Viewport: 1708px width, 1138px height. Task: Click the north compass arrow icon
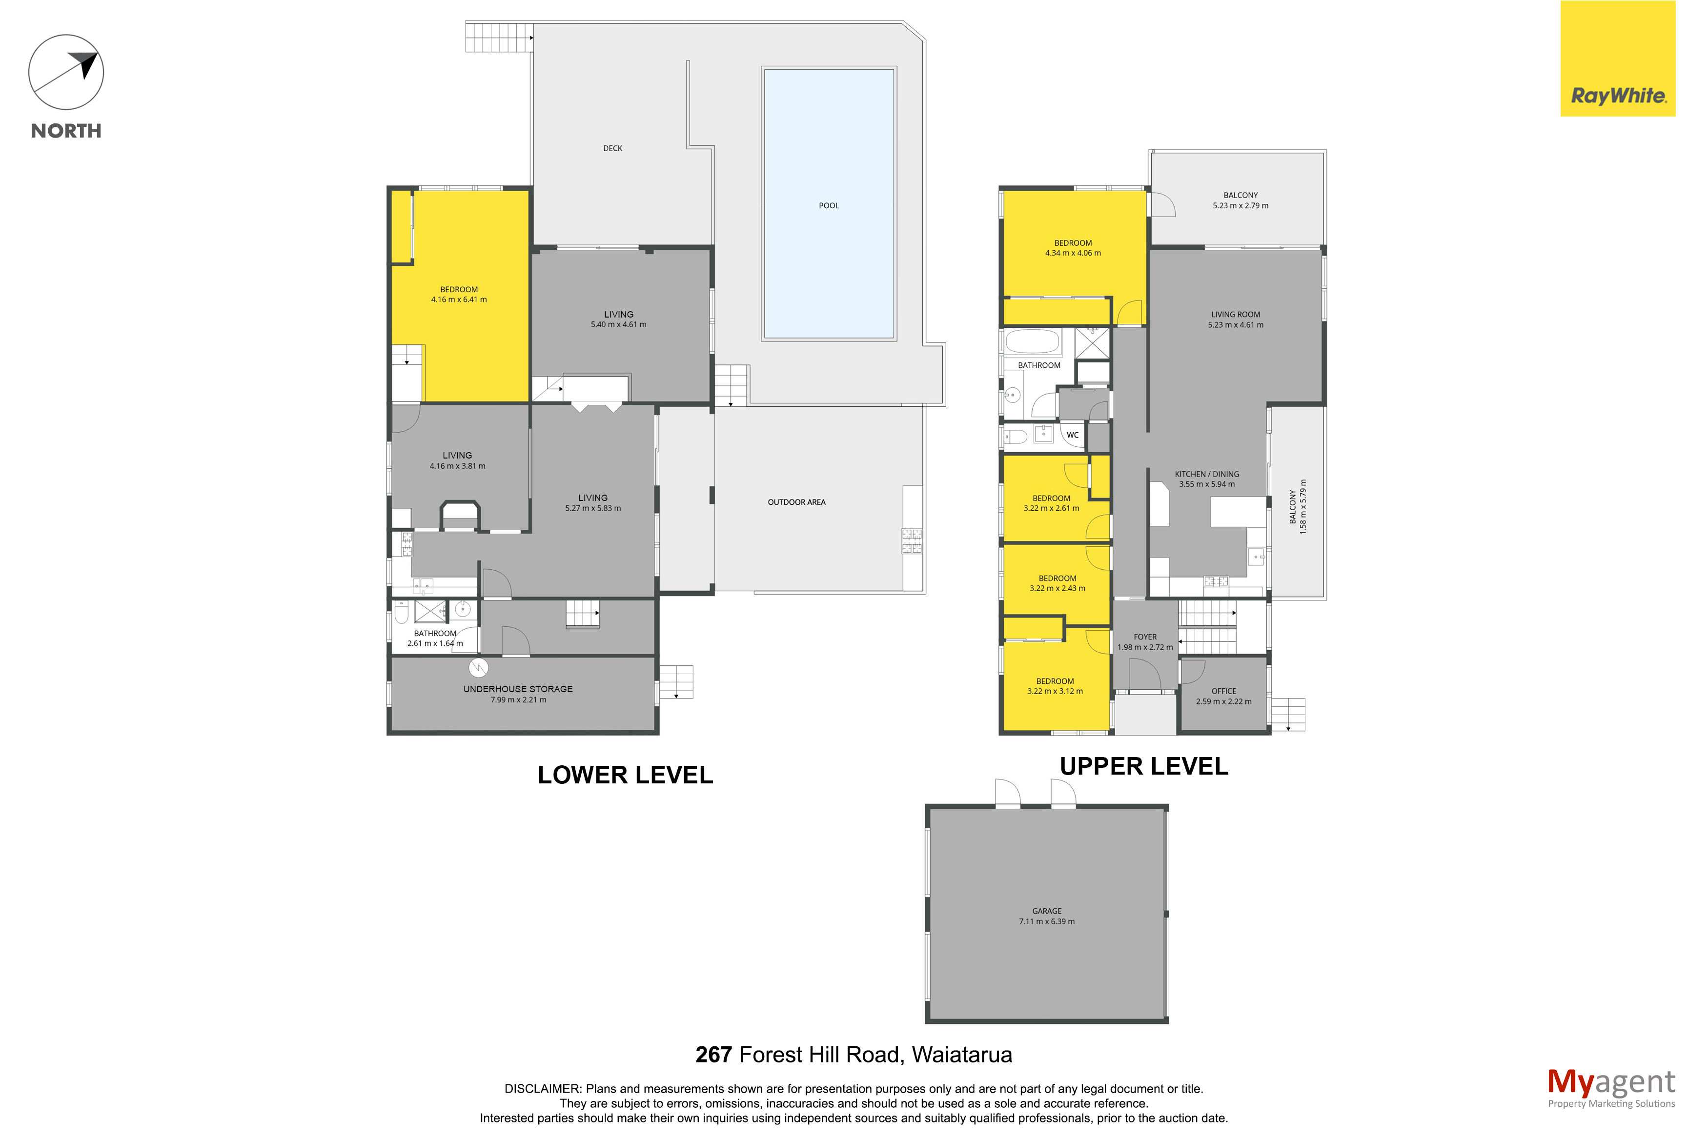[x=66, y=73]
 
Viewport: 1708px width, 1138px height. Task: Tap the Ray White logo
[x=1618, y=58]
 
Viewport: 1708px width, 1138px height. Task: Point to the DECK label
[x=612, y=149]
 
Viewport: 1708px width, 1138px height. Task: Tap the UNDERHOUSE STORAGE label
[x=518, y=689]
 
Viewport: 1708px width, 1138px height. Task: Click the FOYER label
[x=1145, y=637]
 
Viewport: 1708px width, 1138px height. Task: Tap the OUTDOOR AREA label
[x=797, y=502]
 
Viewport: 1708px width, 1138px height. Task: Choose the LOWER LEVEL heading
[x=626, y=775]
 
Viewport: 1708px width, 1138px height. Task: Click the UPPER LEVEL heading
[x=1144, y=766]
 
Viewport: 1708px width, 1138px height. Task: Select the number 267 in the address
[x=713, y=1055]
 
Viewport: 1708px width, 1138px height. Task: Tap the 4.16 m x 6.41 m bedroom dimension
[x=459, y=299]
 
